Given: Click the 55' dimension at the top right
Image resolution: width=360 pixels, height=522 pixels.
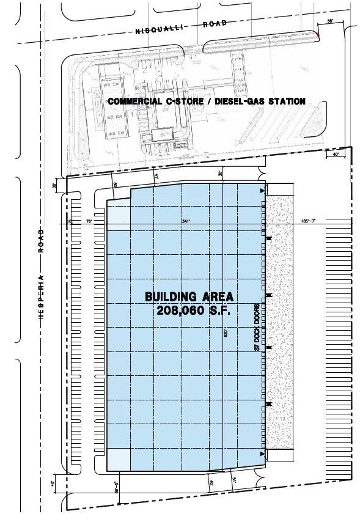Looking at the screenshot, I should (x=330, y=21).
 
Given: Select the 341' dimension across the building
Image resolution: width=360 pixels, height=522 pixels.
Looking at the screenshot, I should (x=186, y=221).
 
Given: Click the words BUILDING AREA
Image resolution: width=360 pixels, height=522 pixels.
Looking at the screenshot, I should (x=189, y=296).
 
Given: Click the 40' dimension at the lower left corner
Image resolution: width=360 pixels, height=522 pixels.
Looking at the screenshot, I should (x=53, y=483).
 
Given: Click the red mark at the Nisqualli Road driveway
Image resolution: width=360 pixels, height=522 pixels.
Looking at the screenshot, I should (x=318, y=36).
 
